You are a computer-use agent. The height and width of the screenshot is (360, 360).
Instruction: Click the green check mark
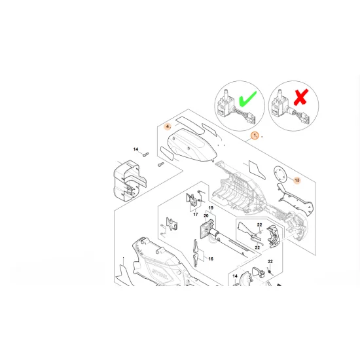247,101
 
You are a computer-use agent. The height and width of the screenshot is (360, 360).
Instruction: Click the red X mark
300,100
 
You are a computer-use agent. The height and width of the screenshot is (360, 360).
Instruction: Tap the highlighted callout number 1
255,136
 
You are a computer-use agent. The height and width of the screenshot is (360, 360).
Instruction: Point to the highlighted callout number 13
297,179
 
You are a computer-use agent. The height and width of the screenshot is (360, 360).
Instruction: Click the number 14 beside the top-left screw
136,150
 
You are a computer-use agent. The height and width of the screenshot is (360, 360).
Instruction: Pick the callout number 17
195,213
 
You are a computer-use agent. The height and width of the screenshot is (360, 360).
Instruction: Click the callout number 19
211,207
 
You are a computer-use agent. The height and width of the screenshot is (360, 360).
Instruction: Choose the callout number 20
206,216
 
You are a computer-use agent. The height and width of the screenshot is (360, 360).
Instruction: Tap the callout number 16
211,259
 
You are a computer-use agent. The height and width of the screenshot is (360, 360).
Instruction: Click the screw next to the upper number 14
147,154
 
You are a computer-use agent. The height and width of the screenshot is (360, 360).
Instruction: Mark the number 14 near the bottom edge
235,277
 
